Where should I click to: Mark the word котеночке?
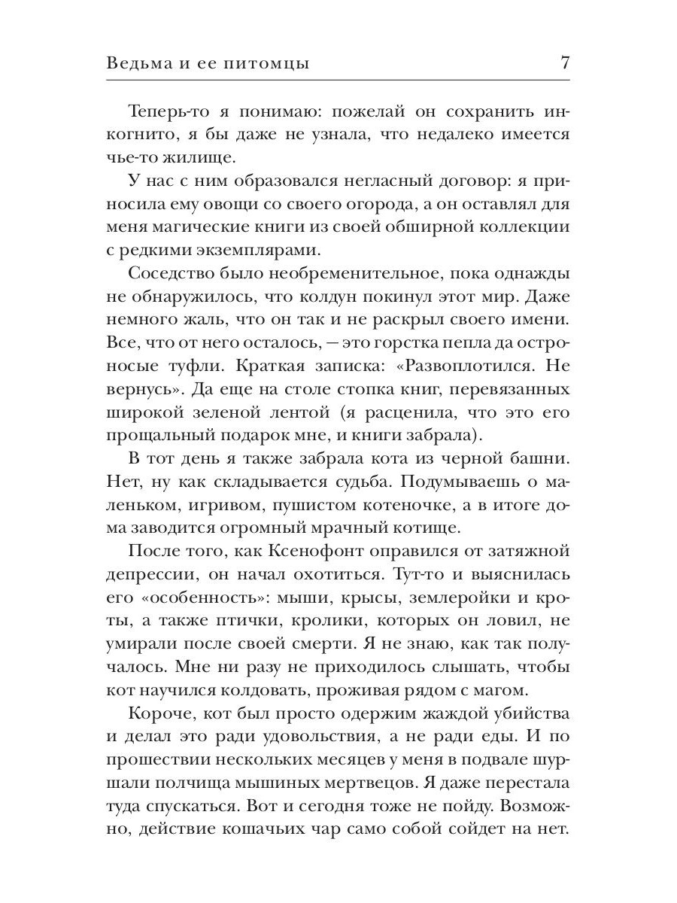coord(411,498)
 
